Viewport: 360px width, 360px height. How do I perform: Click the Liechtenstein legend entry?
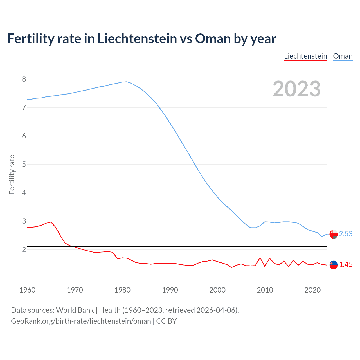pos(305,56)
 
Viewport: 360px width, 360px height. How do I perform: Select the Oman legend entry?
pos(343,56)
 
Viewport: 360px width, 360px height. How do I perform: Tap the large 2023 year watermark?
pos(296,89)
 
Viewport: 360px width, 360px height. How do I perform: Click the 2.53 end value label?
pos(346,234)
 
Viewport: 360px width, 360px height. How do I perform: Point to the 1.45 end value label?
pos(346,264)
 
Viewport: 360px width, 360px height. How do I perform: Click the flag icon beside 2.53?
pos(334,234)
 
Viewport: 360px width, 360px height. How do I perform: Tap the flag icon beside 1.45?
pos(334,265)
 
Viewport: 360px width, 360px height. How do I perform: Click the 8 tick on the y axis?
pos(24,79)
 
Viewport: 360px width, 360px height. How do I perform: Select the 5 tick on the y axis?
pos(24,164)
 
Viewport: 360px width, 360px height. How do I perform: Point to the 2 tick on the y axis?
pos(24,249)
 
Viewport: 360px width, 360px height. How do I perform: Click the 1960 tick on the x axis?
pos(27,290)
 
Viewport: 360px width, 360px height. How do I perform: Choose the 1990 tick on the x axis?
pos(170,290)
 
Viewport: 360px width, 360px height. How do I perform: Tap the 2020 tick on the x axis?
pos(312,290)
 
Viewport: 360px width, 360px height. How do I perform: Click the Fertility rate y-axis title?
pos(12,174)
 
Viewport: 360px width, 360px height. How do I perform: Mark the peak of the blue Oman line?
pos(127,82)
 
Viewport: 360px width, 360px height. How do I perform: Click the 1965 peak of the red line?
pos(51,222)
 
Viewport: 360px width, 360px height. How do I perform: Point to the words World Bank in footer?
pos(75,310)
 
